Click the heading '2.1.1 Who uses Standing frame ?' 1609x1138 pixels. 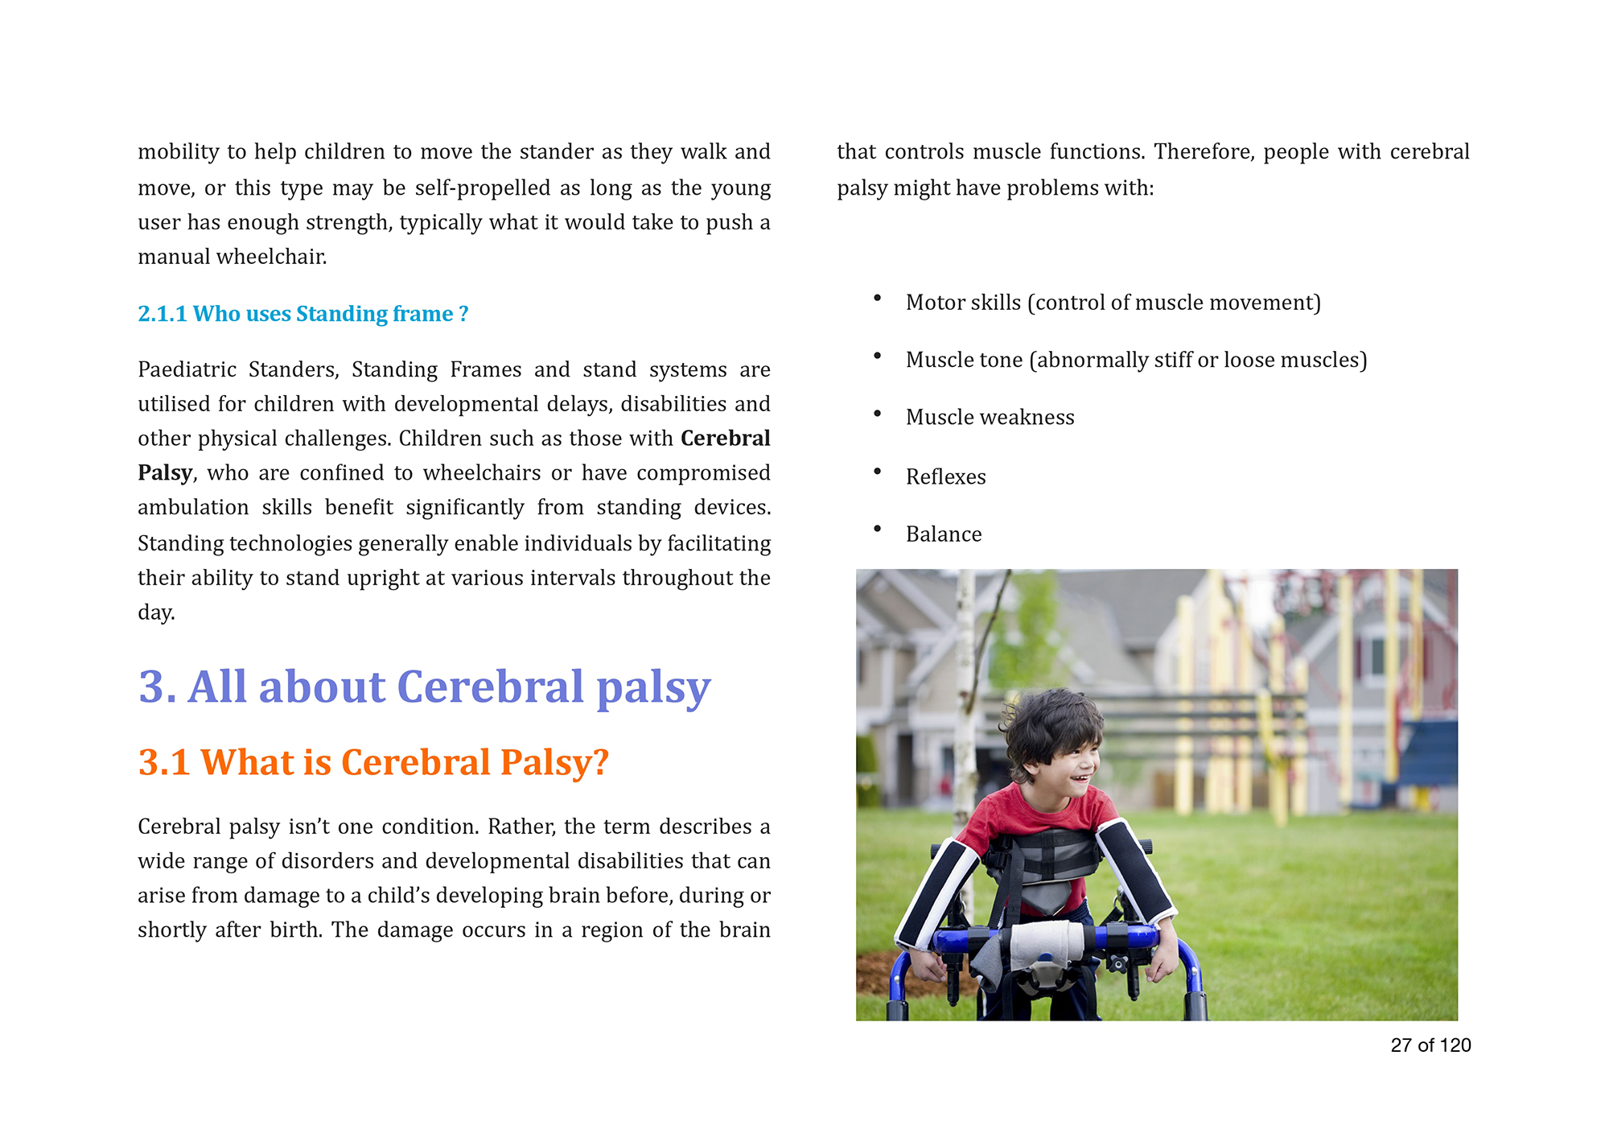pos(302,314)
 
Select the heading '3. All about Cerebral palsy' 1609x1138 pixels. pos(424,687)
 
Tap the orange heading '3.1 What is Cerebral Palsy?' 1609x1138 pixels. pos(373,762)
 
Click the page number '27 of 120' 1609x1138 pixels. pos(1430,1045)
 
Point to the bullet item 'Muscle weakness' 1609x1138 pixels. pos(990,418)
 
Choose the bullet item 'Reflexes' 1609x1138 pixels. pos(945,477)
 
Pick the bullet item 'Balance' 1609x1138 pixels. pos(944,534)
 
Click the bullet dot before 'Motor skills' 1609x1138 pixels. pos(877,299)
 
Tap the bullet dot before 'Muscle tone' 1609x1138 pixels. pos(877,356)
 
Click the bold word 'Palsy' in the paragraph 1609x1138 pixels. pos(165,472)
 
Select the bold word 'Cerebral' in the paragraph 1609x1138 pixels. pos(725,438)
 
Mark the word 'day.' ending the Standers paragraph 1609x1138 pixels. pos(156,612)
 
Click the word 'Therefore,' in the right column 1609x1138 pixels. pos(1204,152)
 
